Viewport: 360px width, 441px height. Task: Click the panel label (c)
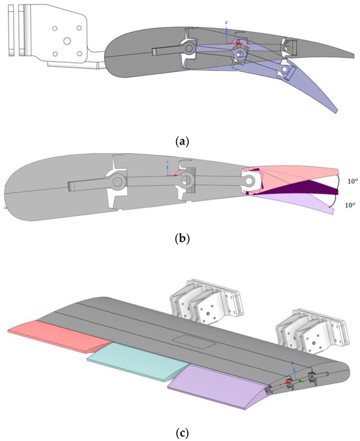tap(180, 431)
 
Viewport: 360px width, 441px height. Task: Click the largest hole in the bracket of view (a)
tap(66, 40)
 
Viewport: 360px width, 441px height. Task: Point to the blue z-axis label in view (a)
tap(226, 22)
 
